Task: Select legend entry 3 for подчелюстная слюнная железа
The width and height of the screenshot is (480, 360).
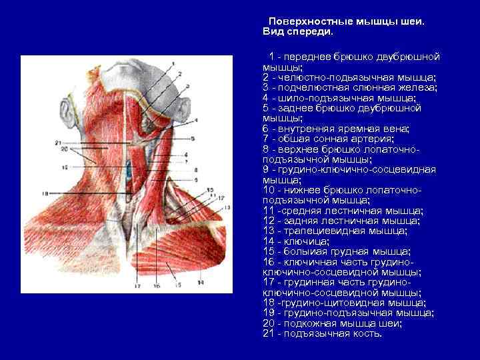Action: (x=349, y=87)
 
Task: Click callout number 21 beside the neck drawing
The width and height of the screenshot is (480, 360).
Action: (x=59, y=143)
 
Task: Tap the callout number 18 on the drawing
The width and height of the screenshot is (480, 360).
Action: (x=43, y=194)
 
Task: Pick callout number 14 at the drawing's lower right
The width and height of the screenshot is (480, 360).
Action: (x=199, y=283)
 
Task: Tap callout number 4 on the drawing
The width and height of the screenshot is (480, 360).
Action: (x=197, y=120)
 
